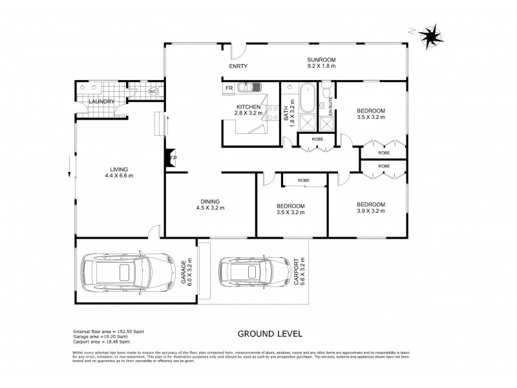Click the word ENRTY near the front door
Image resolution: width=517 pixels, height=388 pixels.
238,67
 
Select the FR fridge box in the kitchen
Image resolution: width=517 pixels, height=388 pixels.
229,87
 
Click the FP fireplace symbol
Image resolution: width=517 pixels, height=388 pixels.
171,157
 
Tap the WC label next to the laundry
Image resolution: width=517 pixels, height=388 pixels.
153,92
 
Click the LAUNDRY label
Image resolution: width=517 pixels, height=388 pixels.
101,102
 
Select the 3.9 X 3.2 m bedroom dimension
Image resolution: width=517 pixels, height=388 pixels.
371,211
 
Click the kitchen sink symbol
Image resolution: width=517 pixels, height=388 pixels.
248,87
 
